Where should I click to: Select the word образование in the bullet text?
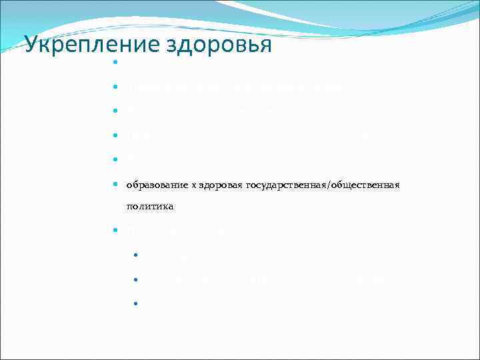point(155,184)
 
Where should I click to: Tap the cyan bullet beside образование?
point(115,184)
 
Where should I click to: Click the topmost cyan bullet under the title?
point(115,63)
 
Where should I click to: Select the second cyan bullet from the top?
point(115,87)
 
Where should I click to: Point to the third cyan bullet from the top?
point(115,111)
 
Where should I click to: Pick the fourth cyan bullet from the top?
point(115,135)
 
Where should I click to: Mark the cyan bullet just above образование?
point(115,159)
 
